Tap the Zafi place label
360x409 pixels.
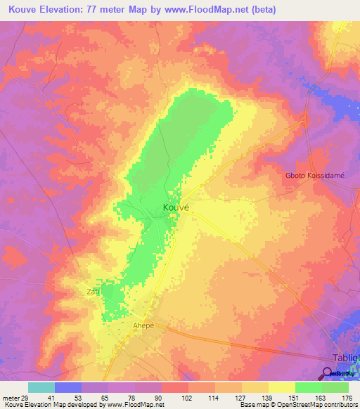coord(93,291)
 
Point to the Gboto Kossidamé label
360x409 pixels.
coord(315,176)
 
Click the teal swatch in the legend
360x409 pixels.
coord(41,387)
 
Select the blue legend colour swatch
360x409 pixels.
coord(68,387)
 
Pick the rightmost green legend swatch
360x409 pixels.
coord(335,387)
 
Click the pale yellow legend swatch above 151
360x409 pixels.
coord(282,387)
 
